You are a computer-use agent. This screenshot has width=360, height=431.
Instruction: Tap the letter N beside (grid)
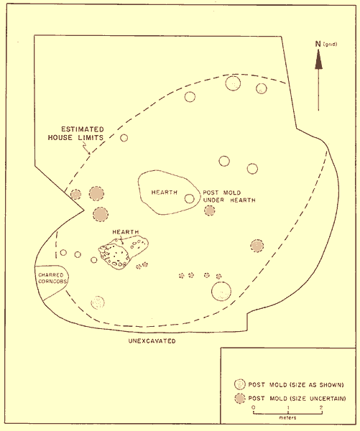(318, 44)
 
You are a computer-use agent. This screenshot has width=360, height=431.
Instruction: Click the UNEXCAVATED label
(152, 341)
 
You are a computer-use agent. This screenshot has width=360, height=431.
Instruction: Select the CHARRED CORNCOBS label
(51, 278)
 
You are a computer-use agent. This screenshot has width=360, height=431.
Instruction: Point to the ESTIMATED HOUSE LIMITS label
(76, 134)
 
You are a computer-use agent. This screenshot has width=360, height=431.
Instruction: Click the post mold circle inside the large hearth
(189, 198)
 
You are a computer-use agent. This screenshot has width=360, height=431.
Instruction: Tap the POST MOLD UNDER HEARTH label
(229, 196)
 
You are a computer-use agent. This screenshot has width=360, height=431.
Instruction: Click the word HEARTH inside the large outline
(164, 192)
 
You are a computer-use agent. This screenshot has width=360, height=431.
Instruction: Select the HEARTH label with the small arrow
(126, 232)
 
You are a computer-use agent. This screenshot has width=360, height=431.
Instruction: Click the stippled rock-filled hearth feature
(123, 253)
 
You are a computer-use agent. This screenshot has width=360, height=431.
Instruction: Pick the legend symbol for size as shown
(239, 384)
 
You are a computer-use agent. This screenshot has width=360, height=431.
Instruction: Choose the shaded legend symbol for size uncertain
(240, 398)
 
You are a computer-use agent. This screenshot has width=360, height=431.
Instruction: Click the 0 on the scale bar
(253, 407)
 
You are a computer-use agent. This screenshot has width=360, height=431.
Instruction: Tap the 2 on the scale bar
(321, 407)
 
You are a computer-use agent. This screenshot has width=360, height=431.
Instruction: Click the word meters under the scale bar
(287, 418)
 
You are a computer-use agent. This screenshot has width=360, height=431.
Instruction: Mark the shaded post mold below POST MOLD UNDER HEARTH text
(210, 210)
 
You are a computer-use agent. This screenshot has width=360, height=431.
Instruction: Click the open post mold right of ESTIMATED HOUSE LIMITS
(124, 138)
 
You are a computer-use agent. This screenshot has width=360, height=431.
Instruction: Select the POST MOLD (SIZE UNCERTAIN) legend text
(297, 398)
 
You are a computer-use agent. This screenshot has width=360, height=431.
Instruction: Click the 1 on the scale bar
(288, 407)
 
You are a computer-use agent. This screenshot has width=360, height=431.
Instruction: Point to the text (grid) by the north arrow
(331, 44)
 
